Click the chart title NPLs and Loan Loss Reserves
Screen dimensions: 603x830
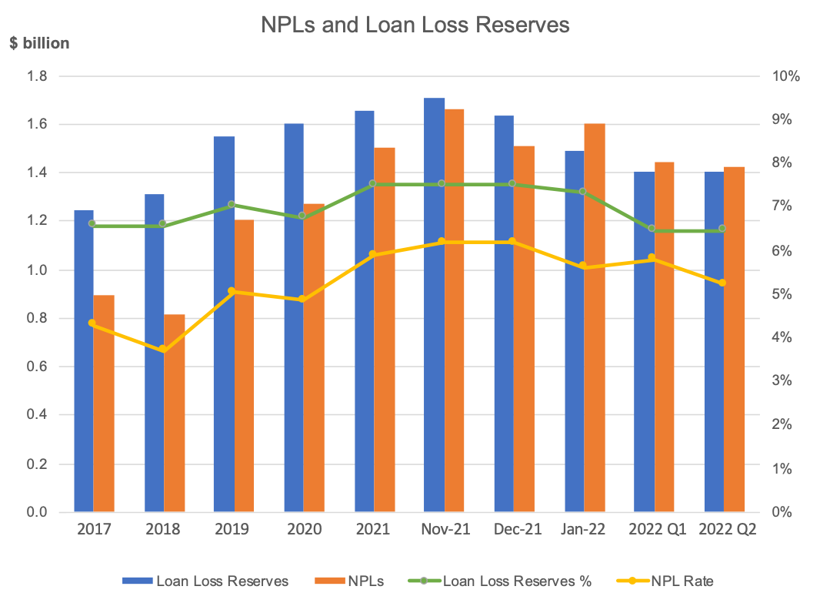coord(415,25)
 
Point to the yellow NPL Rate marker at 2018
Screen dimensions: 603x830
coord(163,350)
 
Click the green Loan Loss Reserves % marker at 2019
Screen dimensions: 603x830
coord(233,205)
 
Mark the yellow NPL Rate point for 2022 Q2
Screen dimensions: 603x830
coord(722,283)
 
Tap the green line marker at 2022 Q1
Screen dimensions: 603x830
coord(652,229)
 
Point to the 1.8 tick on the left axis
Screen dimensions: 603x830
coord(38,76)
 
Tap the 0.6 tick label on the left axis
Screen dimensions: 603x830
coord(38,367)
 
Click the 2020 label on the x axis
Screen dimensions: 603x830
coord(303,530)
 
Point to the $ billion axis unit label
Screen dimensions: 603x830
coord(39,43)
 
